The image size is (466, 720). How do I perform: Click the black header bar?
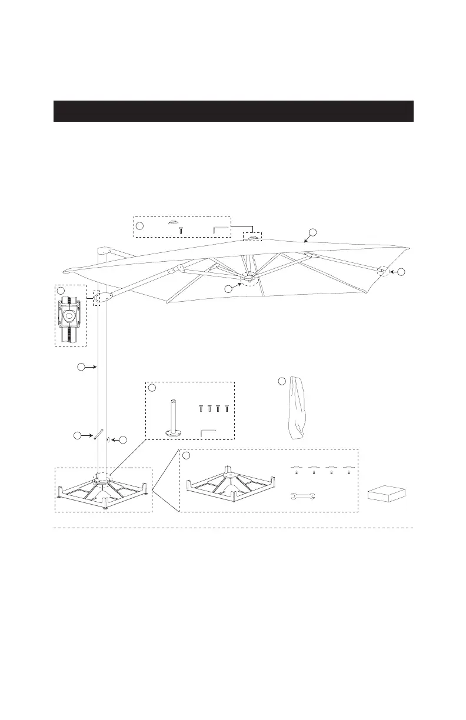(x=233, y=111)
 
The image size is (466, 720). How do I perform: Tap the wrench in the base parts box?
(x=304, y=496)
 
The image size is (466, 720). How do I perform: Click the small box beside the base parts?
(x=387, y=494)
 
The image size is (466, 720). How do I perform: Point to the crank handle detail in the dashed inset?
(x=70, y=315)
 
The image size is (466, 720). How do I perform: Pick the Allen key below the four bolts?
(x=208, y=433)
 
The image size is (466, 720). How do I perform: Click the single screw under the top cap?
(x=181, y=230)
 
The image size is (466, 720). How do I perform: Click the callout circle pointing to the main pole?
(x=81, y=368)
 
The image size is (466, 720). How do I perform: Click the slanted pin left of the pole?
(x=99, y=435)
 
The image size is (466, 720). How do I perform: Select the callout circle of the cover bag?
(x=282, y=382)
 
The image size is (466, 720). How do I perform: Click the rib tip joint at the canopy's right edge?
(x=383, y=271)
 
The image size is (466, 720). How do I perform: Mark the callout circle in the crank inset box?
(x=61, y=290)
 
